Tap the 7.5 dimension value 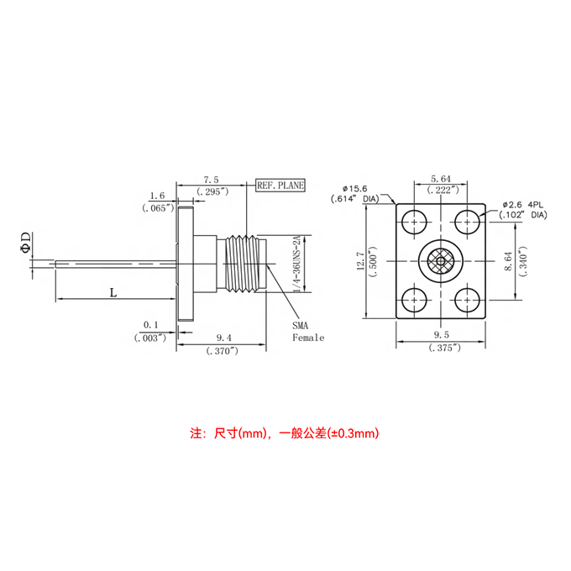[211, 180]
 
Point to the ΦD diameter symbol [26, 242]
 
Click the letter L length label [112, 292]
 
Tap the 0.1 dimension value [151, 324]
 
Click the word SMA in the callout [301, 325]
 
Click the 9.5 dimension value [440, 336]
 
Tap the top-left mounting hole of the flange [412, 223]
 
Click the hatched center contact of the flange [439, 261]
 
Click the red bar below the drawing [284, 433]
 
